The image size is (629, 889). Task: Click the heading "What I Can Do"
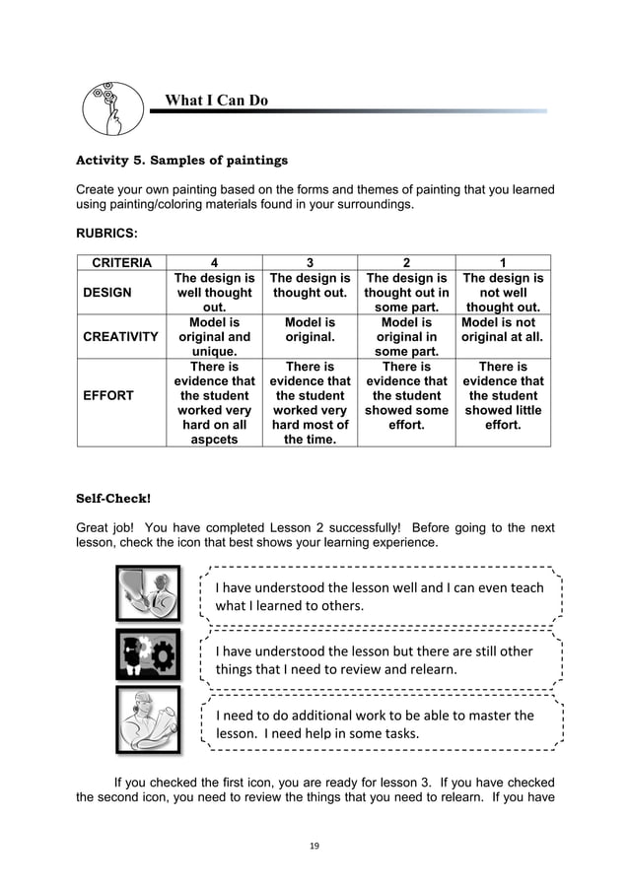[x=216, y=101]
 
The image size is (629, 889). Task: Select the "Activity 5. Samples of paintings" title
[x=182, y=160]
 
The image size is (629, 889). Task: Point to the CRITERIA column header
[x=121, y=262]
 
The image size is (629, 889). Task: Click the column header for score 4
[x=214, y=262]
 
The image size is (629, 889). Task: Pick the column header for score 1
[x=503, y=262]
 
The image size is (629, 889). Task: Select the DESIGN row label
[x=108, y=293]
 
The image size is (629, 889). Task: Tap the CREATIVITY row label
[x=121, y=336]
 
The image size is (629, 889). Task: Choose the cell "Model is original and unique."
[x=214, y=336]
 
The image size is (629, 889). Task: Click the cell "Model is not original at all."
[x=503, y=329]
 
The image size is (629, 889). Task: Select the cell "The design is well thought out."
[x=214, y=293]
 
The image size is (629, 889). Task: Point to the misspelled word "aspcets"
[x=214, y=440]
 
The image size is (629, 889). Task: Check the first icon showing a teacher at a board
[x=148, y=593]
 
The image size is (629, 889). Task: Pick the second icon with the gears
[x=148, y=655]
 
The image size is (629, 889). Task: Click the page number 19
[x=314, y=845]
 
